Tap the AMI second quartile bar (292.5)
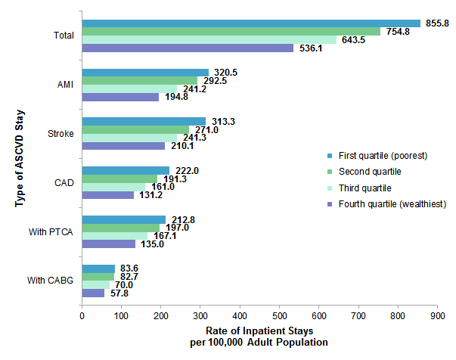(140, 80)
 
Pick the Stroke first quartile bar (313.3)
(144, 121)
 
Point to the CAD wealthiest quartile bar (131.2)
(107, 195)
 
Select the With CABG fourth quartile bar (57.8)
(93, 293)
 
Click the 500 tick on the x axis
(280, 315)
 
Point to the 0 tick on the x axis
(82, 315)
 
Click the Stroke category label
(60, 134)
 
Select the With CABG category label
(51, 281)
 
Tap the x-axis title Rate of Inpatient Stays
(259, 331)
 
